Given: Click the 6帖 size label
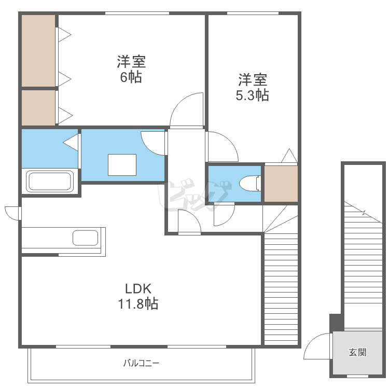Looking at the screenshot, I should coord(131,78).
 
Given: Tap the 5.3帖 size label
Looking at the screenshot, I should coord(253,95).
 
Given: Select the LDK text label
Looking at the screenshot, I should coord(137,288).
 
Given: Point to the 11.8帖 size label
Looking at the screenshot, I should coord(137,304).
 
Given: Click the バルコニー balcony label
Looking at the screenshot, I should coord(141,363).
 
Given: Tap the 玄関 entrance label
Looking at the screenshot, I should coord(357,353).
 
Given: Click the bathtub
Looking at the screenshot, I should coord(50,181).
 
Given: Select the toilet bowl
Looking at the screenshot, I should coord(249,184).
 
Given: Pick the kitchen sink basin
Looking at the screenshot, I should coord(85,238).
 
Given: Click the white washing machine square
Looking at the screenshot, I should coord(122,165).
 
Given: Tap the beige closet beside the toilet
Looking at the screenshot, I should coord(281,184).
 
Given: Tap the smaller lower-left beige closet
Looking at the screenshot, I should coord(38,107).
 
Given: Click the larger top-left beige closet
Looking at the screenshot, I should coord(38,50).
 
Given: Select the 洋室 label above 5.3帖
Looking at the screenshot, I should coord(253,80).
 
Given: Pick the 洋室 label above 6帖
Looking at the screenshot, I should coord(131,62).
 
